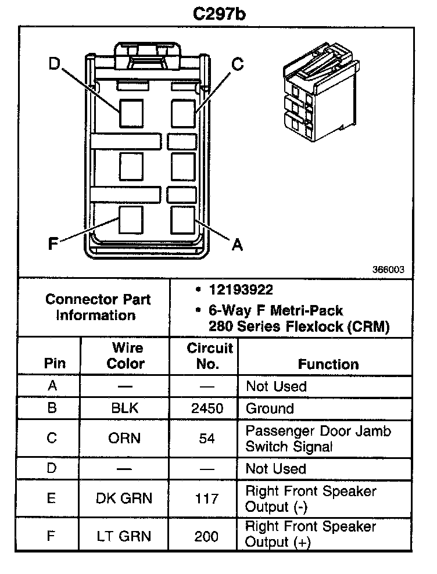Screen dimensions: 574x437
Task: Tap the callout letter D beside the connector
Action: [x=54, y=63]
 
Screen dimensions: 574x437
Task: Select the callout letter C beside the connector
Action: [x=237, y=63]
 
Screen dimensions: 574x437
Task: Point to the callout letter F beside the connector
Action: [x=53, y=244]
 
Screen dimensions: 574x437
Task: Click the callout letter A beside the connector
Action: [x=237, y=245]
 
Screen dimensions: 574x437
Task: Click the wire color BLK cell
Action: [x=125, y=408]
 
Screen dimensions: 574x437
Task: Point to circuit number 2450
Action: [x=207, y=408]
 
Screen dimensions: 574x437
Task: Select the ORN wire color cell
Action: [x=125, y=438]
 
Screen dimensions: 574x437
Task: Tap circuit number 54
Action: [x=207, y=438]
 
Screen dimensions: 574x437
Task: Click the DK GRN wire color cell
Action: [x=124, y=498]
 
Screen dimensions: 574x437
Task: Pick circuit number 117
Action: [x=207, y=498]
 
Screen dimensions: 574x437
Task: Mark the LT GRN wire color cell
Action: [x=124, y=535]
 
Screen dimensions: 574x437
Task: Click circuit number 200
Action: [x=207, y=535]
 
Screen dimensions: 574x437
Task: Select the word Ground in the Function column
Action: [x=270, y=408]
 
